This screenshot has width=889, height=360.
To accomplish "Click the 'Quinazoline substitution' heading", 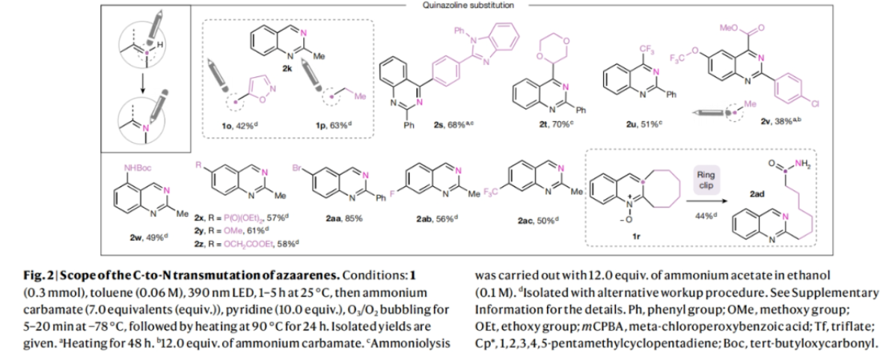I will (x=480, y=5).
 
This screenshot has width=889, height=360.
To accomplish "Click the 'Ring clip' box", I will (x=706, y=179).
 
